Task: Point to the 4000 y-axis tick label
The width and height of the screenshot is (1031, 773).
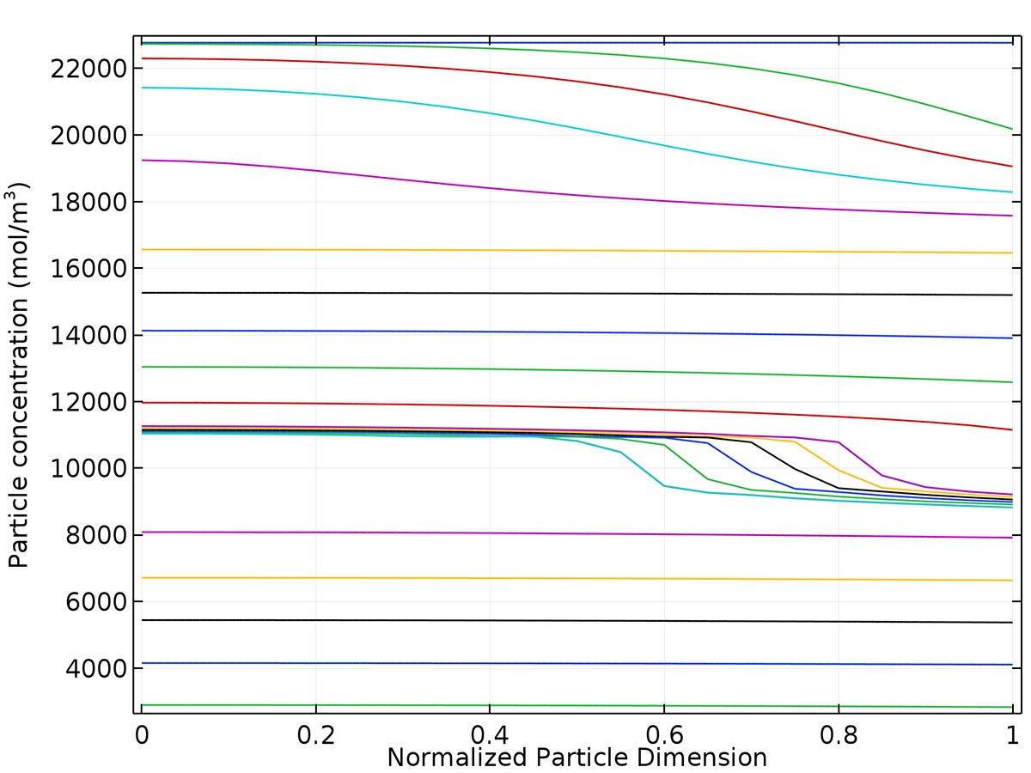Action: click(x=94, y=668)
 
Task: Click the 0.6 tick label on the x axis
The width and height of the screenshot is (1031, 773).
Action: click(x=664, y=735)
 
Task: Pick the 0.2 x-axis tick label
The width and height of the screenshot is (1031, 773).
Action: click(x=316, y=735)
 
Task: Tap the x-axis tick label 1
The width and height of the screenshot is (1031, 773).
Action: click(x=1012, y=735)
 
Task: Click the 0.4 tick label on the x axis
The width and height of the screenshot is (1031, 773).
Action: click(x=490, y=735)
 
